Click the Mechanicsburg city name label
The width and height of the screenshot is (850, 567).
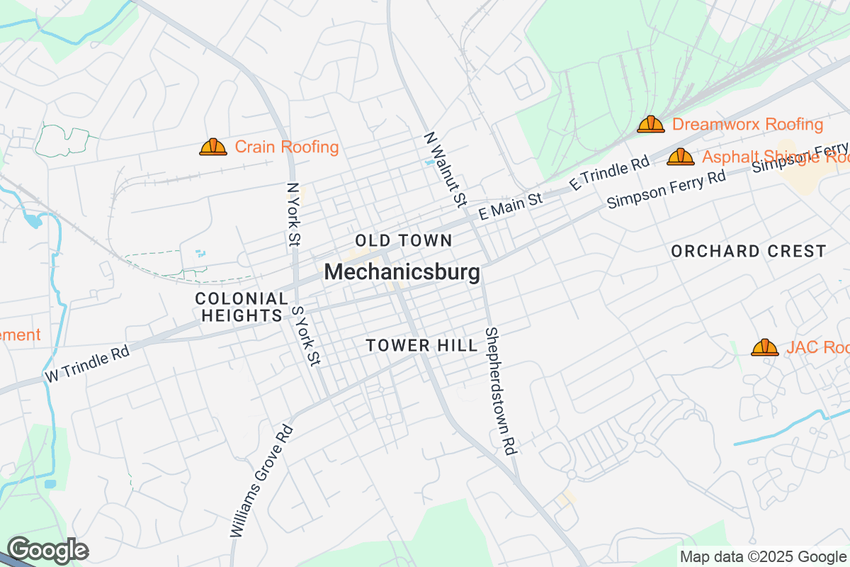coord(402,272)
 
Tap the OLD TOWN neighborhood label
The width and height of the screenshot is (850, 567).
coord(404,240)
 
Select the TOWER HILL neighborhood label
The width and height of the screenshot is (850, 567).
coord(421,345)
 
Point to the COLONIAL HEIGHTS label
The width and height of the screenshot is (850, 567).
coord(242,307)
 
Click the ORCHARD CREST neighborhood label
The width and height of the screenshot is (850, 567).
coord(748,251)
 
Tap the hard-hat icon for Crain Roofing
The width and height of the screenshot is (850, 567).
coord(212,147)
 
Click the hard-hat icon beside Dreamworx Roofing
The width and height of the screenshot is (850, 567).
coord(650,124)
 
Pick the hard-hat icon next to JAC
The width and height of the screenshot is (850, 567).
coord(764,347)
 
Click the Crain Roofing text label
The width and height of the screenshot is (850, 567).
coord(287,147)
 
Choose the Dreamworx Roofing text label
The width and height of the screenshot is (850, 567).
coord(747,125)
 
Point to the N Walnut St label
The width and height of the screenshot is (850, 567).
coord(445,169)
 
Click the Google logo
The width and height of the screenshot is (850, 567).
coord(47,549)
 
